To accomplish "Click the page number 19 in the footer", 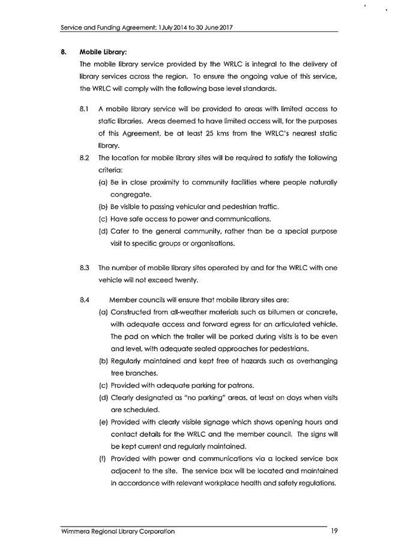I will pyautogui.click(x=334, y=531).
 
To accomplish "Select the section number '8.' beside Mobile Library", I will pyautogui.click(x=63, y=52).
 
